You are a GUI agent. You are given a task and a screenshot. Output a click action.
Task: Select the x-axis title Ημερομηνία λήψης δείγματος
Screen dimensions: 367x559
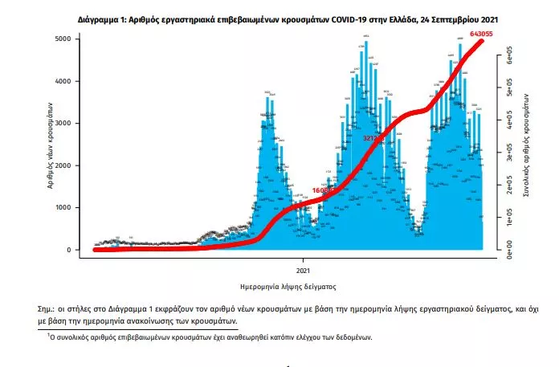(288, 286)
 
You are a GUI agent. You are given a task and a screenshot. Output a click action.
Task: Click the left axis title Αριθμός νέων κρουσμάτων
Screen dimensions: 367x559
(50, 145)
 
